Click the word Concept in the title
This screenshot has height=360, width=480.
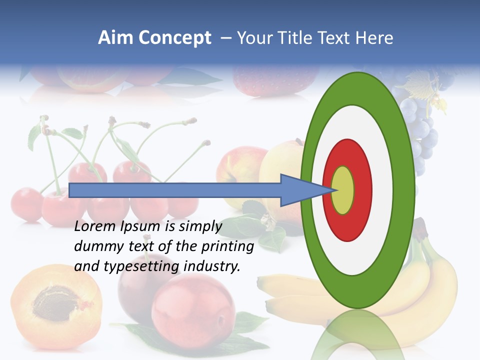[174, 38]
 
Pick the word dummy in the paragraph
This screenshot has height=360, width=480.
[95, 246]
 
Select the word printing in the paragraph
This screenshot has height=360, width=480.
[227, 246]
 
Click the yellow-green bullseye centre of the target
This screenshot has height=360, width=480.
[343, 190]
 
